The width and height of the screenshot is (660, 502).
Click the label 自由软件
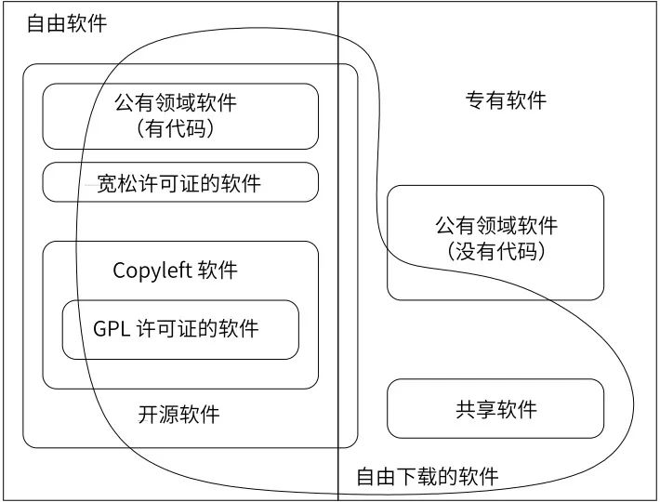[67, 23]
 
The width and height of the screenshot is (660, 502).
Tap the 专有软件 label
[506, 100]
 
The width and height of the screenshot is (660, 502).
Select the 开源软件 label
[178, 415]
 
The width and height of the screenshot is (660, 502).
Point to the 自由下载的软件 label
[428, 477]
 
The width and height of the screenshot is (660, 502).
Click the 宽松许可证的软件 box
[180, 182]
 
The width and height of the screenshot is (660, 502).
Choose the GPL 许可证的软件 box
[180, 329]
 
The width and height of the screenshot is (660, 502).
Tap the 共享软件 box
[495, 409]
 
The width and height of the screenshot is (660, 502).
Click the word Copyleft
[152, 271]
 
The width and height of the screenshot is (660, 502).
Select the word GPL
[112, 329]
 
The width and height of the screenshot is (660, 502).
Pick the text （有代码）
[176, 128]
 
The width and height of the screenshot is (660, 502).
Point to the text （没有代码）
[496, 251]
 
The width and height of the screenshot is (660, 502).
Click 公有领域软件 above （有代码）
[176, 102]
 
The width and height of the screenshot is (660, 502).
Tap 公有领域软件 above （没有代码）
[496, 226]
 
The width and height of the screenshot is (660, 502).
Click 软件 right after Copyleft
[218, 271]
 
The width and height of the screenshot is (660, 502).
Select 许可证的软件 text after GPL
[197, 329]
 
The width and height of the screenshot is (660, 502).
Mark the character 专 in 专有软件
[476, 100]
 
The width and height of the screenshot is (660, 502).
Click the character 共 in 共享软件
[466, 409]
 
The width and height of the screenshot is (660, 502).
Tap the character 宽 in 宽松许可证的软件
[107, 183]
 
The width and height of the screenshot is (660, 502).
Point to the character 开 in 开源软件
[149, 415]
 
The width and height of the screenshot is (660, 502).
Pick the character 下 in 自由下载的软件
[407, 477]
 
